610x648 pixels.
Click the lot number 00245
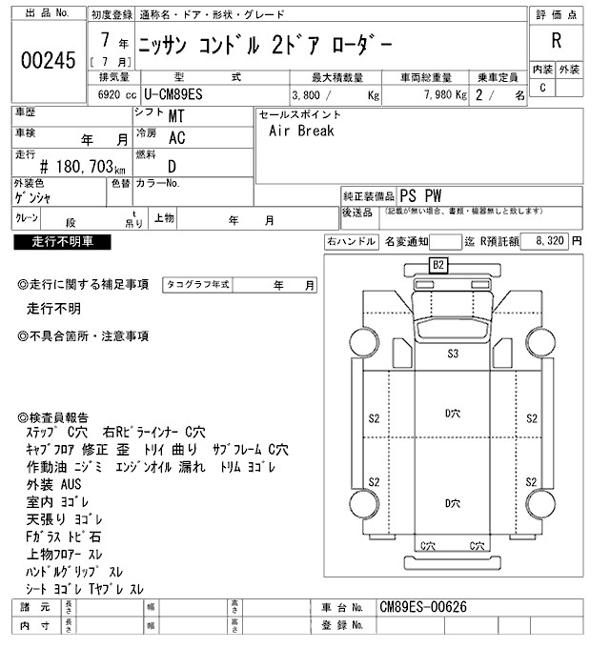point(48,61)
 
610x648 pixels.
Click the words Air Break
point(301,132)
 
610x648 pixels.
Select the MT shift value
point(176,116)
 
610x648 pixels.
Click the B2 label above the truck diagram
point(439,264)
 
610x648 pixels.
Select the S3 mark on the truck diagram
point(454,354)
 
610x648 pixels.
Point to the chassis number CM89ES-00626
point(423,607)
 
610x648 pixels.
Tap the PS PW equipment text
point(420,193)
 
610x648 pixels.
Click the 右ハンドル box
point(351,242)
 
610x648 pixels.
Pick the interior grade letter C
point(543,88)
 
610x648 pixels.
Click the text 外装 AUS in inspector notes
point(54,483)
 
